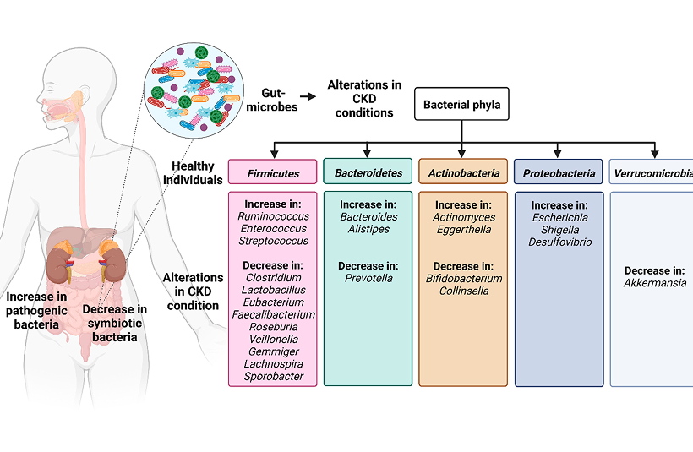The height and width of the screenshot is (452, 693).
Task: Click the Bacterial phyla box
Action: (461, 106)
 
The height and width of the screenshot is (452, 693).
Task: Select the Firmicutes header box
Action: (273, 173)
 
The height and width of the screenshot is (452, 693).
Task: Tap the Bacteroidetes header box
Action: (368, 172)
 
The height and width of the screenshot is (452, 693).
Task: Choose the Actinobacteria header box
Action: (463, 173)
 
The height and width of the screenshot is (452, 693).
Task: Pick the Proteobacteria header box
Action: (559, 173)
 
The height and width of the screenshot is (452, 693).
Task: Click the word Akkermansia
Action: (654, 283)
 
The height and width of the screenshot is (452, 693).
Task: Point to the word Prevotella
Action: (368, 278)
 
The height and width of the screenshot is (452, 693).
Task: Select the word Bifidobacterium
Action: (464, 278)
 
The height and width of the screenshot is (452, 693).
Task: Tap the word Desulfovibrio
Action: (560, 242)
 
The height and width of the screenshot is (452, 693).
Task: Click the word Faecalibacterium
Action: (273, 314)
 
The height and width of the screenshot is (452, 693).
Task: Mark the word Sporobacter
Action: (273, 375)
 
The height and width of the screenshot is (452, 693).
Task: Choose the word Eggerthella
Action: (464, 229)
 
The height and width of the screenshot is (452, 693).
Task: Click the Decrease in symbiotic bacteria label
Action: (115, 324)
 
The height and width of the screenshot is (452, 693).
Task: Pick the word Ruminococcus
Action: (273, 216)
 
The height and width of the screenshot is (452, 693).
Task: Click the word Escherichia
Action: (560, 217)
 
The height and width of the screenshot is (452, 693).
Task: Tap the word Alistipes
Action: (368, 229)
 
